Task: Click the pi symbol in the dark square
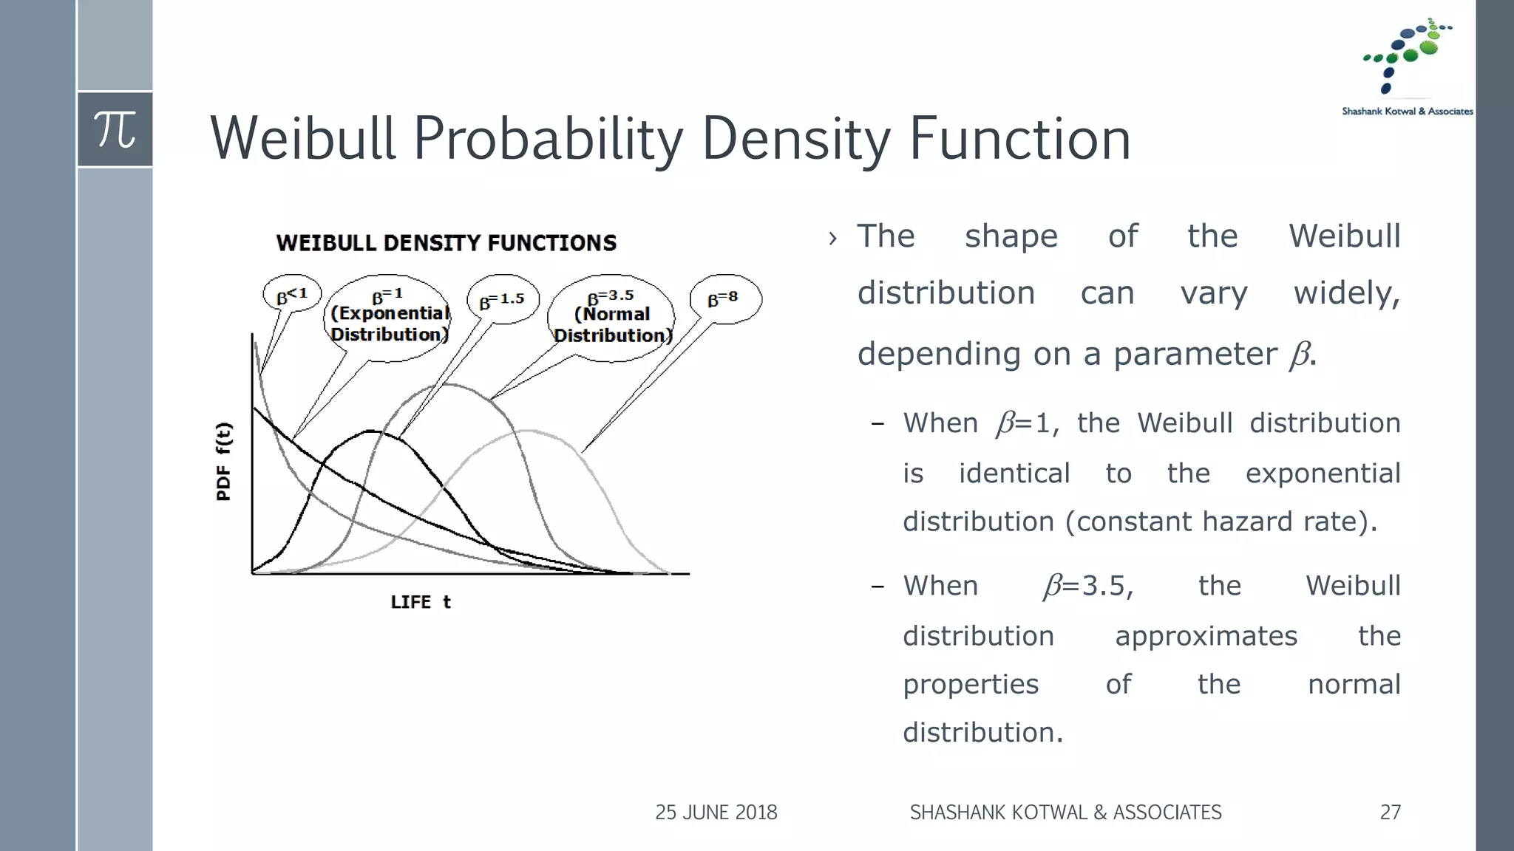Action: (115, 130)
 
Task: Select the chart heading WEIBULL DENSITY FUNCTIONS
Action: (446, 243)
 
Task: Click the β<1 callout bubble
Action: (292, 295)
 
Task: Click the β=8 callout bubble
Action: (724, 298)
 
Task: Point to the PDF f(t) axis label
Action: (224, 462)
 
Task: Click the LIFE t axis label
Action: (421, 602)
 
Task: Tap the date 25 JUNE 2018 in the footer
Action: (716, 813)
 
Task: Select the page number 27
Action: (1390, 813)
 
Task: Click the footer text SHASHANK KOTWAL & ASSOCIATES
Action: (1065, 813)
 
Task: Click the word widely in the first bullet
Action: (1346, 293)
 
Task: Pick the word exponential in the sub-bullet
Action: (1323, 474)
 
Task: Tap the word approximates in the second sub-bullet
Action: (1206, 636)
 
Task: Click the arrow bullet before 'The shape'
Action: (833, 239)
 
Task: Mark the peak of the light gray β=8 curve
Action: (526, 431)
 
